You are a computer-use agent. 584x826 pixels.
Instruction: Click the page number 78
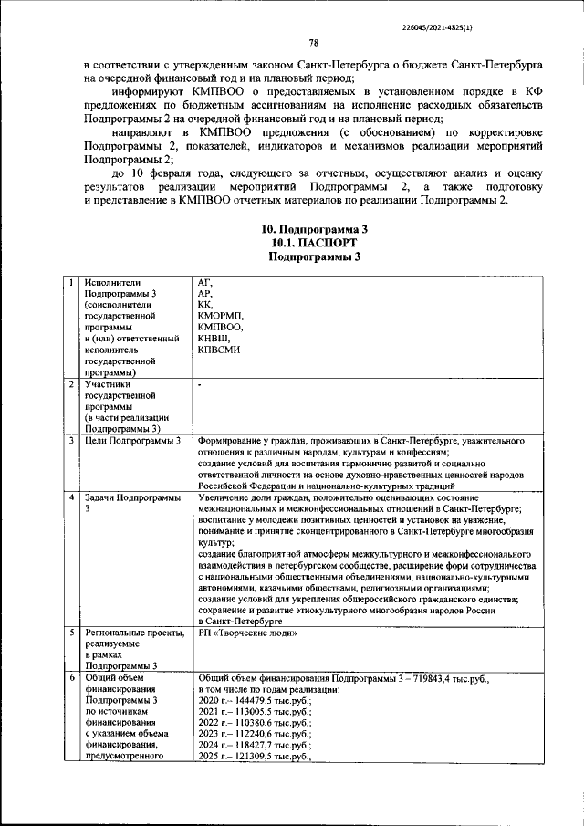click(x=313, y=42)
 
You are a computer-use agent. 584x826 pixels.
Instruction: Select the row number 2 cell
click(x=71, y=384)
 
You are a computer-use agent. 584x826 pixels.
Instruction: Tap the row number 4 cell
click(x=71, y=497)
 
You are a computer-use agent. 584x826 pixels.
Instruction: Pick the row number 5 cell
click(x=71, y=633)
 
